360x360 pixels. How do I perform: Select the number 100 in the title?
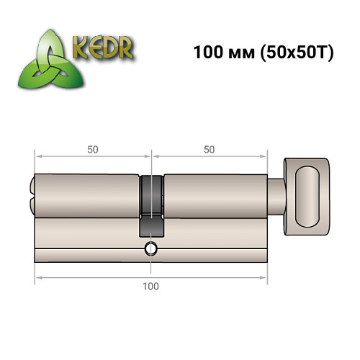tap(205, 53)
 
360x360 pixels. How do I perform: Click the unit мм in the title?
tap(238, 53)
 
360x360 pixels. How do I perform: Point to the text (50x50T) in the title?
tap(294, 53)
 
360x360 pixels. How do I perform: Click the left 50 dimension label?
tap(92, 150)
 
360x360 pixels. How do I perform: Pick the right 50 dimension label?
tap(209, 150)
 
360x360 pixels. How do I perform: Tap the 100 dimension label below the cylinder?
tap(150, 287)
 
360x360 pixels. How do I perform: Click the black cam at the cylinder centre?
tap(150, 204)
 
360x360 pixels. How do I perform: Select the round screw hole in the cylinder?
tap(150, 249)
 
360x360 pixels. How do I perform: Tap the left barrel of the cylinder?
tap(86, 194)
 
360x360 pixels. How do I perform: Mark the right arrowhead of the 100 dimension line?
tap(265, 277)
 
